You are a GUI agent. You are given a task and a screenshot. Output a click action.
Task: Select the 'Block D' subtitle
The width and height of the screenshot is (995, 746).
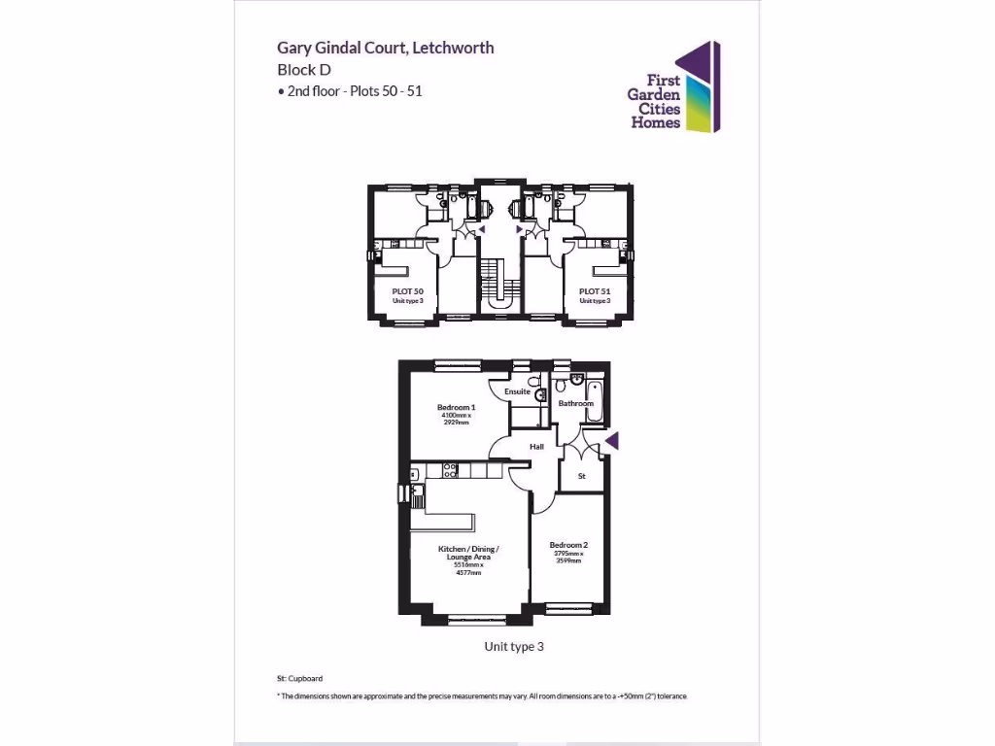[x=304, y=69]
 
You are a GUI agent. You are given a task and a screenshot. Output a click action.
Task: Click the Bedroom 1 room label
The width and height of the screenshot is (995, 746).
[x=456, y=407]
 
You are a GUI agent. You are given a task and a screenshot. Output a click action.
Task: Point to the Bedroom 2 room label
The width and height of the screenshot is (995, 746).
[x=568, y=545]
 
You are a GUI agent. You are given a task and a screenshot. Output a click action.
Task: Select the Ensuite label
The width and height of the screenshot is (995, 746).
[x=517, y=391]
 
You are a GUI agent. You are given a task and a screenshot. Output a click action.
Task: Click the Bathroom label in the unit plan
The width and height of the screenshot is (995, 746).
[x=575, y=403]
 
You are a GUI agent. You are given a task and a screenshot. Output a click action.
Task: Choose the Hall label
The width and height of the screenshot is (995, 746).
[x=536, y=447]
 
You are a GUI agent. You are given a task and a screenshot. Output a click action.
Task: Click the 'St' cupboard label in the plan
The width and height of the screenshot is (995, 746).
[x=582, y=476]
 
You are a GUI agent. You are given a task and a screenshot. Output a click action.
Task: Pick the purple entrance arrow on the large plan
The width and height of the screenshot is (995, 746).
[x=611, y=443]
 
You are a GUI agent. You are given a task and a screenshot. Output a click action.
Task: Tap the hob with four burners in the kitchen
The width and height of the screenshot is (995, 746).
[x=451, y=470]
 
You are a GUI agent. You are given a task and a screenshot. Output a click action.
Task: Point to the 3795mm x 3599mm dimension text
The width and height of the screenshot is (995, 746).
[x=568, y=558]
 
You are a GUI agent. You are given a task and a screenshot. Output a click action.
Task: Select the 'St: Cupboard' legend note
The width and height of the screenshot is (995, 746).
[x=299, y=678]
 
